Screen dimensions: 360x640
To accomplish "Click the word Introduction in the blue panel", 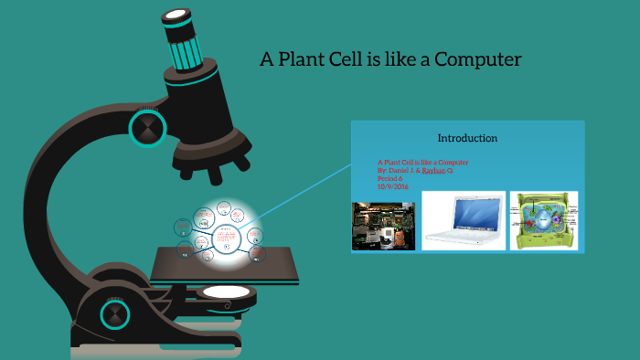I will point(467,138).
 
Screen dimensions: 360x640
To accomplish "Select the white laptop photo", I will point(464,220).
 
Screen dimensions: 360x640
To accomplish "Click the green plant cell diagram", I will point(546,220).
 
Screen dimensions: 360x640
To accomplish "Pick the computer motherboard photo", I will point(384,226).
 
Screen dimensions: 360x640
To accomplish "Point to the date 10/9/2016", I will point(392,186).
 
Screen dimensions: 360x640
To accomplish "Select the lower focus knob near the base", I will point(115,315).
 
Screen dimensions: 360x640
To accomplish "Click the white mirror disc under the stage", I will point(225,292).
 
